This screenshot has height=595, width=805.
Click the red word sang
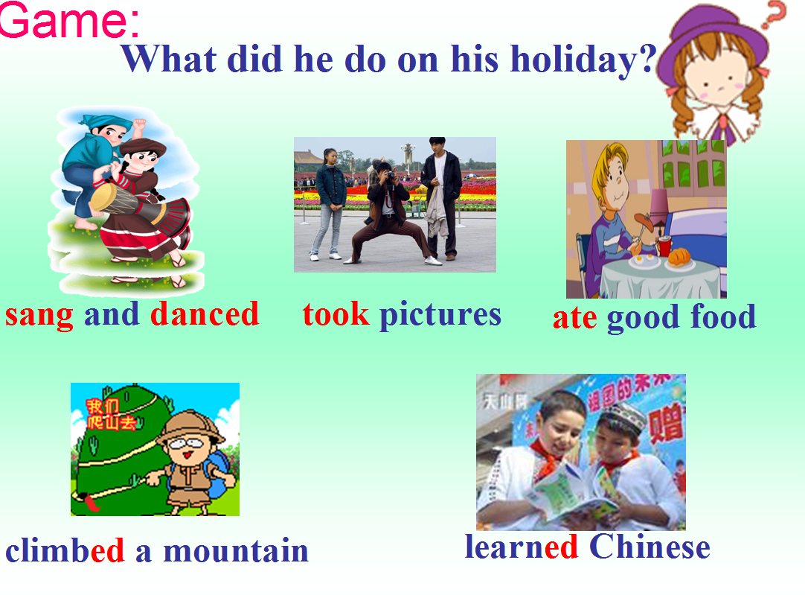(39, 316)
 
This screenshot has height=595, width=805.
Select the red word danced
(205, 314)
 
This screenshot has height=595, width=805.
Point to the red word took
(336, 314)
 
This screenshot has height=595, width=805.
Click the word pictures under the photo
(440, 316)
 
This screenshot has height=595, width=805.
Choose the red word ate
(575, 319)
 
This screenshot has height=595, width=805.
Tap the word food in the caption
(723, 316)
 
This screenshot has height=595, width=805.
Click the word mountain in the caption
(236, 551)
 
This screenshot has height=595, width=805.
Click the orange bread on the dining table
(680, 256)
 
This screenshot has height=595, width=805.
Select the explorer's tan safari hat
(190, 425)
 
